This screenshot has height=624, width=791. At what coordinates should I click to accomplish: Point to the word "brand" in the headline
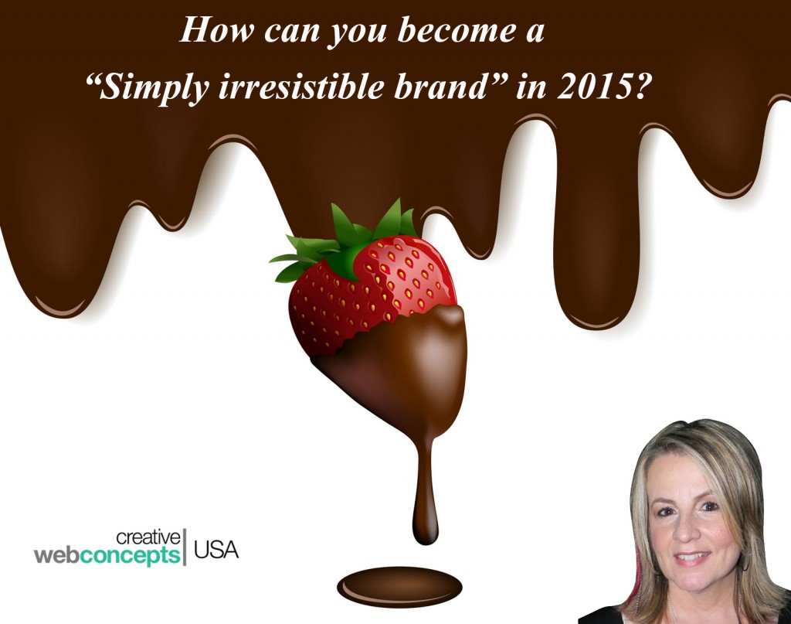coord(438,87)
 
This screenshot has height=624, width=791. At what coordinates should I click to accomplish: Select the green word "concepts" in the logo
coord(130,555)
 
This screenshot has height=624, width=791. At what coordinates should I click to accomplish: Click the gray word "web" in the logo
coord(56,555)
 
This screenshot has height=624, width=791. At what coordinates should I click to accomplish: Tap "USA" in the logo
coord(216,549)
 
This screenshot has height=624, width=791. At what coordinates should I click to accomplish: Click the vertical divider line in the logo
coord(185,547)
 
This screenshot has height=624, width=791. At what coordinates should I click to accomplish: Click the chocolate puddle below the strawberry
coord(399,587)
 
